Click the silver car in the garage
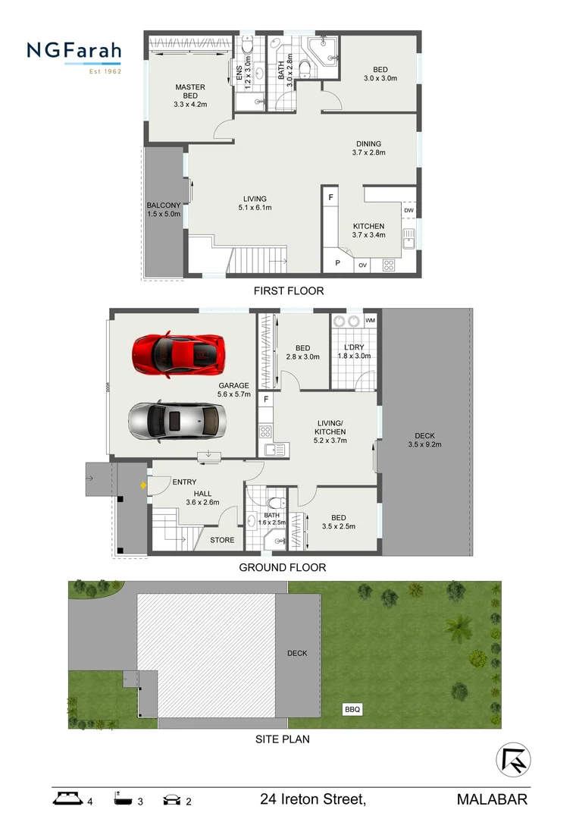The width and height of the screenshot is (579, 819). click(177, 421)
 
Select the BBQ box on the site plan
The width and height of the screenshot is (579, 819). click(352, 710)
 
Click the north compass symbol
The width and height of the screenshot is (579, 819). click(513, 759)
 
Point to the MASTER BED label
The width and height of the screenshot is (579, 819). click(190, 92)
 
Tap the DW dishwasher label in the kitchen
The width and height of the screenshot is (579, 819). click(408, 211)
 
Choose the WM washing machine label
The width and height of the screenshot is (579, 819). click(370, 321)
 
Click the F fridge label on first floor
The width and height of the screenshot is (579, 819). click(330, 198)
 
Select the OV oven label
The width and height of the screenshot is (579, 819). click(362, 265)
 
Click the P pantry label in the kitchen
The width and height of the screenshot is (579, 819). click(337, 265)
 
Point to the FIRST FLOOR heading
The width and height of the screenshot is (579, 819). click(289, 290)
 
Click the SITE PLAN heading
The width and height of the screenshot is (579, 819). click(283, 739)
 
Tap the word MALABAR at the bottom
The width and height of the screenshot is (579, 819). click(492, 799)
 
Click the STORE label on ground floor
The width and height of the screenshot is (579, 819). click(222, 540)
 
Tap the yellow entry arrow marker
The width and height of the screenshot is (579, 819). click(142, 484)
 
